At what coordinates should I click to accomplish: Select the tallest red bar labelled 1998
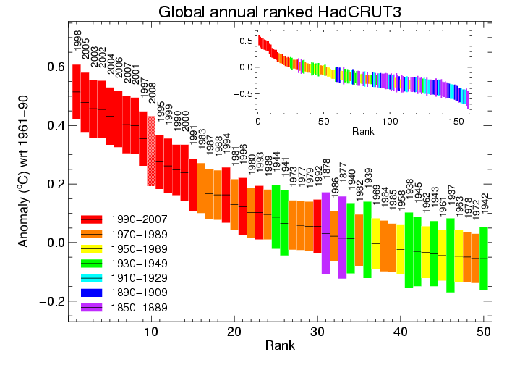pos(76,92)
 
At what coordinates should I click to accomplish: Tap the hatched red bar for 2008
pos(151,151)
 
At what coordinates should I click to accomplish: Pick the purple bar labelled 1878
pos(325,232)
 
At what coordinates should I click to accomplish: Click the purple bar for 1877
pos(342,235)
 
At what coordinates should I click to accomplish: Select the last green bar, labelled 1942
pos(484,259)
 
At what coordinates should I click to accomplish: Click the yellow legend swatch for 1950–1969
pos(93,249)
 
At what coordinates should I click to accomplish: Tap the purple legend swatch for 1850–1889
pos(93,308)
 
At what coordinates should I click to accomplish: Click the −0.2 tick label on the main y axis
pos(46,301)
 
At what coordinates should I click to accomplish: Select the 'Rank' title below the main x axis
pos(279,346)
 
